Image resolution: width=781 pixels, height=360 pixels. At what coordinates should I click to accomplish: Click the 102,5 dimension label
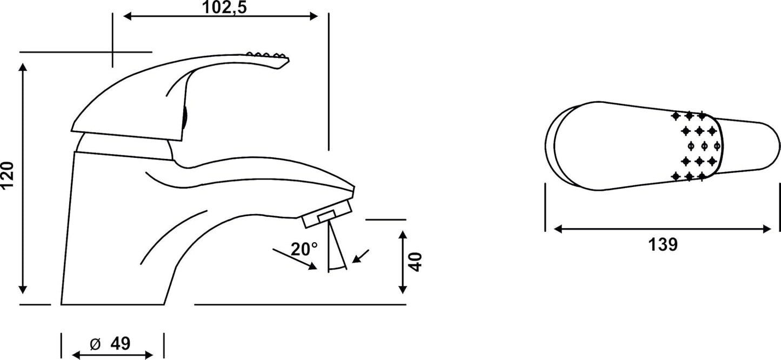pyautogui.click(x=224, y=8)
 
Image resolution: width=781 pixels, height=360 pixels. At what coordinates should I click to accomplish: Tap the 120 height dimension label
pyautogui.click(x=8, y=176)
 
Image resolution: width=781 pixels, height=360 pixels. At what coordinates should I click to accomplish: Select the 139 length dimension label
pyautogui.click(x=663, y=244)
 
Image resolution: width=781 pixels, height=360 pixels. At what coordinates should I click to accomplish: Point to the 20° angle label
pyautogui.click(x=304, y=249)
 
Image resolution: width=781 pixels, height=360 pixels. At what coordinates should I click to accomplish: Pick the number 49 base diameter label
pyautogui.click(x=121, y=344)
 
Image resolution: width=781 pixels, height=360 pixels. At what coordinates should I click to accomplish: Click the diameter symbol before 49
pyautogui.click(x=95, y=344)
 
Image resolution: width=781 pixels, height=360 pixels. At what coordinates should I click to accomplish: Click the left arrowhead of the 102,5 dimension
pyautogui.click(x=128, y=16)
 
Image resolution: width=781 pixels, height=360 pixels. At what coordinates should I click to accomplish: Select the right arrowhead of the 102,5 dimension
pyautogui.click(x=313, y=16)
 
